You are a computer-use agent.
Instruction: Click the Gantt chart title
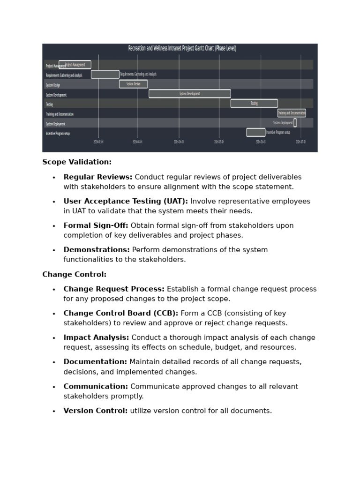(182, 48)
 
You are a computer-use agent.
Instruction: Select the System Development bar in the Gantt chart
(189, 94)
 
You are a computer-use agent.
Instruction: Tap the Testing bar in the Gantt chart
(254, 104)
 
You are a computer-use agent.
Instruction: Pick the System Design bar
(133, 84)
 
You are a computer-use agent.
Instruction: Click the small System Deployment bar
(295, 123)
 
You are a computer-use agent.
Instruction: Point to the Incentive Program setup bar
(255, 133)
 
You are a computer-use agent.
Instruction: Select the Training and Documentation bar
(291, 113)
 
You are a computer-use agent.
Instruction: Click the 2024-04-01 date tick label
(179, 142)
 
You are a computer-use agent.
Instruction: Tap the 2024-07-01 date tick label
(300, 142)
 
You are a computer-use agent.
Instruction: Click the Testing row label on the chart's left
(49, 105)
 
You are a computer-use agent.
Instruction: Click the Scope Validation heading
(77, 162)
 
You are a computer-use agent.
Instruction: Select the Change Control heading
(74, 275)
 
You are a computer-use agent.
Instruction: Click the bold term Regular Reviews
(98, 177)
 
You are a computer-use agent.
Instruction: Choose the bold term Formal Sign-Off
(96, 226)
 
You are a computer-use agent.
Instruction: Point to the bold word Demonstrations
(97, 250)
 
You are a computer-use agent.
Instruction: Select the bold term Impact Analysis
(96, 338)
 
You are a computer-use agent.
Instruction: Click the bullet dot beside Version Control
(54, 412)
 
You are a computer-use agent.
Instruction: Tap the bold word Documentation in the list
(95, 362)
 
